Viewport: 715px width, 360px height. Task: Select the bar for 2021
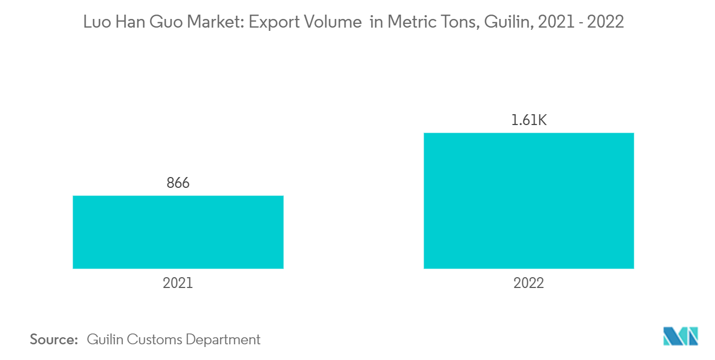(178, 232)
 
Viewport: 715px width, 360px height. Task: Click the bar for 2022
(529, 200)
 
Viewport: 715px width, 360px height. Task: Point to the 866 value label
(178, 184)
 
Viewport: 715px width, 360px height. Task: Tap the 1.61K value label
(529, 120)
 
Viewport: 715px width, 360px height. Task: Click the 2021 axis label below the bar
(178, 283)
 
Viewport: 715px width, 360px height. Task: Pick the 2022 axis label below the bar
(529, 283)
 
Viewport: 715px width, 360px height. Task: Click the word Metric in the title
(404, 22)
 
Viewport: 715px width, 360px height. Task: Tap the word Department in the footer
(223, 339)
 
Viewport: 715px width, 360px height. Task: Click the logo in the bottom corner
(681, 336)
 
